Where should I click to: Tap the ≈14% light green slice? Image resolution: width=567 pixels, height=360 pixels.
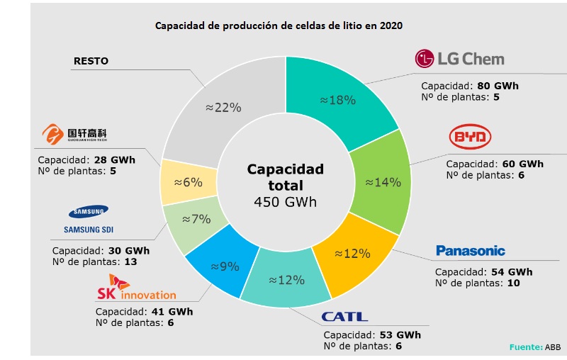(x=383, y=181)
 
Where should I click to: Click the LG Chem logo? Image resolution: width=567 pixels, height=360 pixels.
(x=459, y=60)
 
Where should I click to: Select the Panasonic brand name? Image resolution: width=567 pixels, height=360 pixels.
(x=471, y=250)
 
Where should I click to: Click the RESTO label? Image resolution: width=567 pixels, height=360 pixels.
(x=91, y=61)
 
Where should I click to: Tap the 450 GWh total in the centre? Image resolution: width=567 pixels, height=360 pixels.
(x=285, y=202)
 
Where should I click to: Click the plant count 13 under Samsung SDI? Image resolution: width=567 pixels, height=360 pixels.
(x=130, y=261)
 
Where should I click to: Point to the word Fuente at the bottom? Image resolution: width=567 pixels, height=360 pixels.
(x=525, y=347)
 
